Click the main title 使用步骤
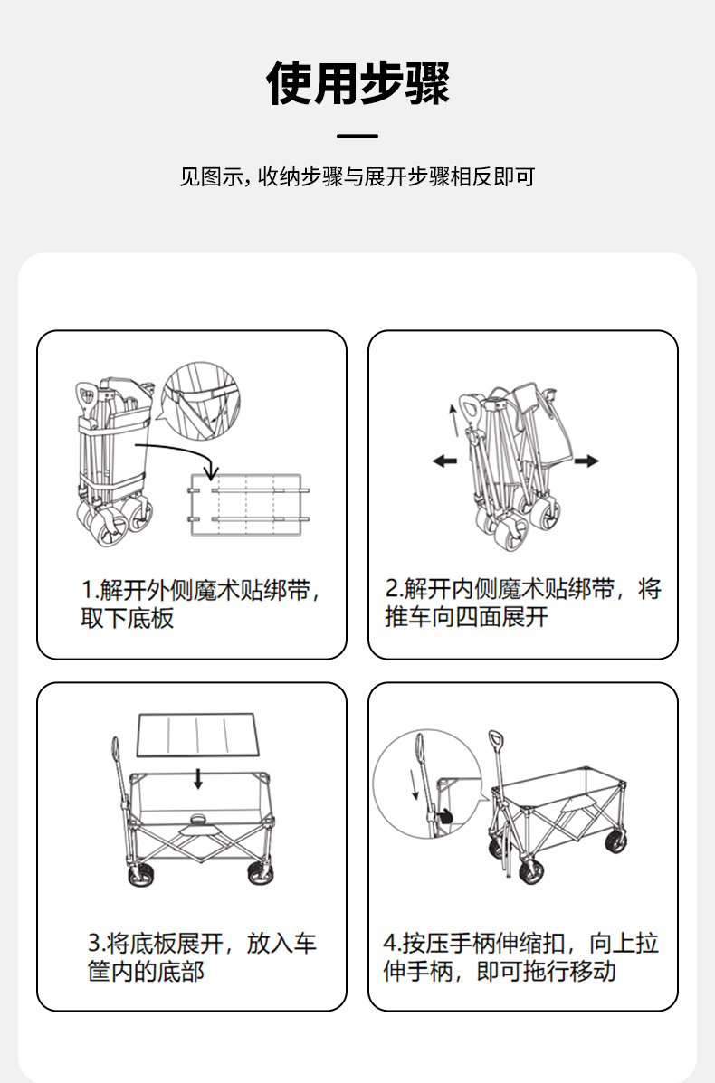[x=357, y=83]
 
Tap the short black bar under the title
[x=357, y=136]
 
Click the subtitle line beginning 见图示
[x=357, y=176]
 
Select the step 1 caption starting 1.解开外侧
[x=200, y=603]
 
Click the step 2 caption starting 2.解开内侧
[x=523, y=603]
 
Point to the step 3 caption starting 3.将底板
[x=202, y=956]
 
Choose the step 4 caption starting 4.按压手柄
[x=521, y=956]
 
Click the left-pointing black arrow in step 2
[x=445, y=461]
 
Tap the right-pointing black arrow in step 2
[x=586, y=461]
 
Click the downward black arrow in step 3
[x=198, y=778]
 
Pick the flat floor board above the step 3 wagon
[x=197, y=734]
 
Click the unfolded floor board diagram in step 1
[x=246, y=505]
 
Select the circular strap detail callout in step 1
[x=200, y=400]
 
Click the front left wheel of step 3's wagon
[x=141, y=874]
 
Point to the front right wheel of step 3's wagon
[x=260, y=873]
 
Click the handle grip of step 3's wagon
[x=115, y=749]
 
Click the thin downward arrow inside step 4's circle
[x=415, y=784]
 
